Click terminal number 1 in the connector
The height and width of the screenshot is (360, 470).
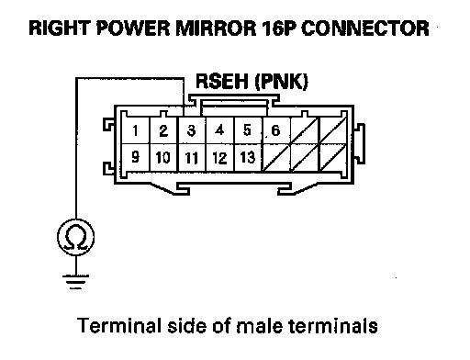pyautogui.click(x=135, y=130)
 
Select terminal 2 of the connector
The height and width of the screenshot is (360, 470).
pyautogui.click(x=163, y=130)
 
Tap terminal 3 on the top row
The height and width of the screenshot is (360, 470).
pyautogui.click(x=192, y=130)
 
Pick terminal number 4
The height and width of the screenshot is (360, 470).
pyautogui.click(x=219, y=130)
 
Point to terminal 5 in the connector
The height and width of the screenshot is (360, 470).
pyautogui.click(x=248, y=130)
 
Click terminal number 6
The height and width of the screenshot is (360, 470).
pyautogui.click(x=275, y=130)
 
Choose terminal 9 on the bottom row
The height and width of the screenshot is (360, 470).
pyautogui.click(x=135, y=157)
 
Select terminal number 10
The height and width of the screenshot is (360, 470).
pyautogui.click(x=163, y=157)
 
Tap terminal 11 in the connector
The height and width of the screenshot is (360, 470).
pyautogui.click(x=192, y=158)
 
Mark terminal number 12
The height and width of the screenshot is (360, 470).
pyautogui.click(x=219, y=158)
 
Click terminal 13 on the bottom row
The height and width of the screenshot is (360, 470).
pyautogui.click(x=248, y=157)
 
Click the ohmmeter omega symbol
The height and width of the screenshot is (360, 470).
pyautogui.click(x=76, y=237)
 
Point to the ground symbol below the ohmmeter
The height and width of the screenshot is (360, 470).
pyautogui.click(x=75, y=282)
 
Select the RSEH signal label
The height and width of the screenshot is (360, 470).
pyautogui.click(x=222, y=82)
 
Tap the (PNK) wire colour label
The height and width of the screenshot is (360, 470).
pyautogui.click(x=282, y=82)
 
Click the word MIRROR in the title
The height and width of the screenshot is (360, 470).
pyautogui.click(x=216, y=28)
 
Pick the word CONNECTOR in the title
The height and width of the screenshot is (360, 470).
pyautogui.click(x=365, y=28)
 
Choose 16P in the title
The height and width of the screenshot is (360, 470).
pyautogui.click(x=279, y=28)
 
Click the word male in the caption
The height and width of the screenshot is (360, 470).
pyautogui.click(x=260, y=325)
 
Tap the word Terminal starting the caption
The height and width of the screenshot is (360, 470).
pyautogui.click(x=119, y=325)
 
